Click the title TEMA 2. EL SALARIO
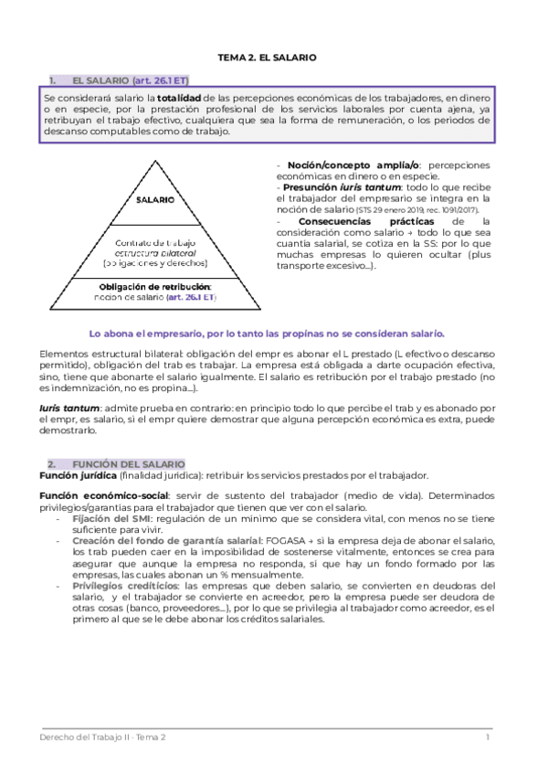click(267, 57)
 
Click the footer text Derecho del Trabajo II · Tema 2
click(103, 737)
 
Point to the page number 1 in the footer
click(488, 737)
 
